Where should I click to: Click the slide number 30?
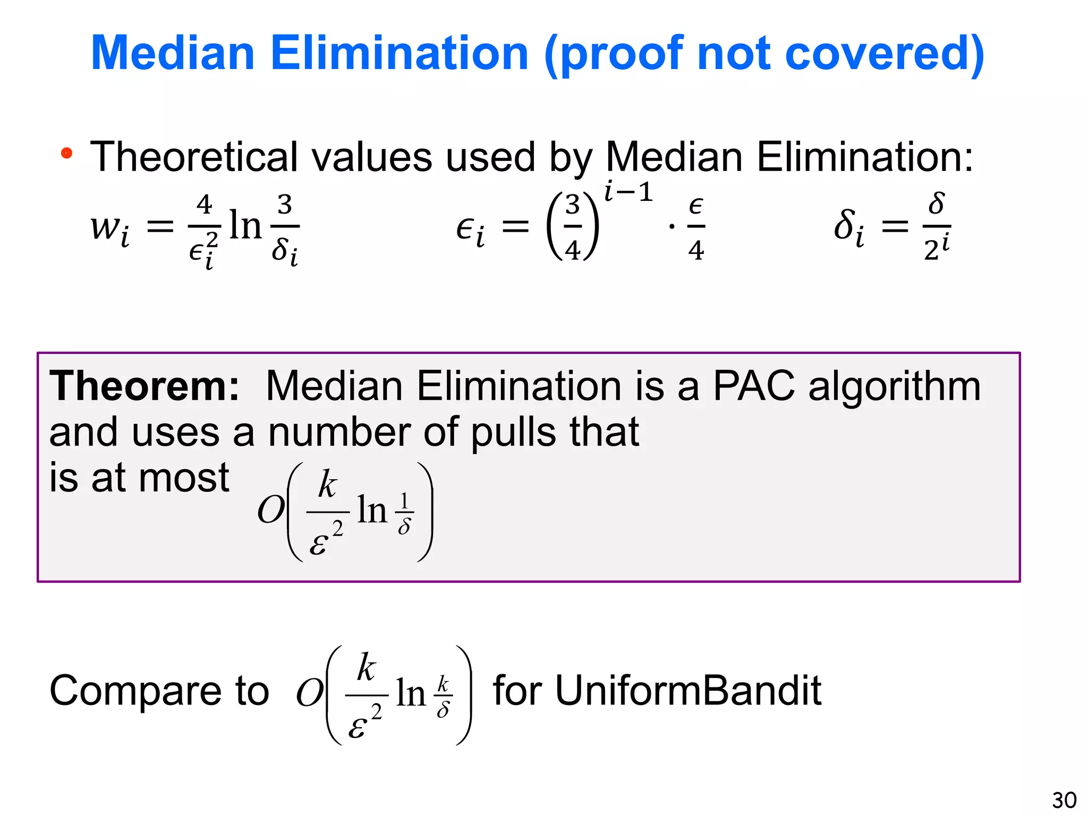pos(1064,800)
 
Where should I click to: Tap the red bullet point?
pos(66,154)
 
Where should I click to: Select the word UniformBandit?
pos(657,691)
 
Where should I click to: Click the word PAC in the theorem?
pos(753,386)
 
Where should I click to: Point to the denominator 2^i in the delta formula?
pos(937,248)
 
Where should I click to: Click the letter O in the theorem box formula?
pos(270,510)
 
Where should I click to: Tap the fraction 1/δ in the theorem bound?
pos(404,513)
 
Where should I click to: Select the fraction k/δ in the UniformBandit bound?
pos(443,696)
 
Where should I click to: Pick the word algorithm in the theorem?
pos(894,386)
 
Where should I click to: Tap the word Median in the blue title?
pos(173,53)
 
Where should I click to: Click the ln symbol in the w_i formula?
pos(245,225)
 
